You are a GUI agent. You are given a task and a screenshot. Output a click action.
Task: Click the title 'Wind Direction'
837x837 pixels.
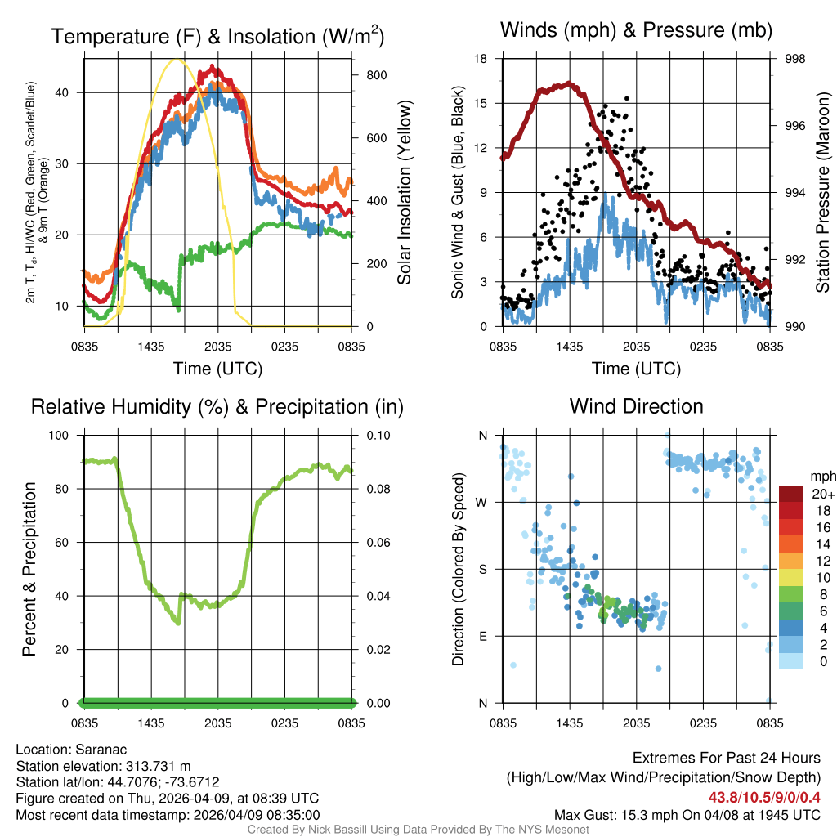coord(636,406)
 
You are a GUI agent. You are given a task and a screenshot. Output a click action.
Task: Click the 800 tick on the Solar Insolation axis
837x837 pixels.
coord(376,75)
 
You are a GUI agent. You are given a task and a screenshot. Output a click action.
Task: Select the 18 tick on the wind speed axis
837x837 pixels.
coord(481,59)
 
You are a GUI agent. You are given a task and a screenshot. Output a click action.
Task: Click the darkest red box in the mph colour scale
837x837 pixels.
coord(791,494)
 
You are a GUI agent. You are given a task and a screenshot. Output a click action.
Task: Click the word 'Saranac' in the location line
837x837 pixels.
coord(101,749)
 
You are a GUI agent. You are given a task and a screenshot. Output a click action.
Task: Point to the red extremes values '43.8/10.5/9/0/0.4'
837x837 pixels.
coord(765,797)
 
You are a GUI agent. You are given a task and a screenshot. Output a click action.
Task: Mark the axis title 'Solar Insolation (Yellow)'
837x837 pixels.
coord(405,192)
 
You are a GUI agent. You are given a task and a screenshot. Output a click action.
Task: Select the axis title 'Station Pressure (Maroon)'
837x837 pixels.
coord(823,192)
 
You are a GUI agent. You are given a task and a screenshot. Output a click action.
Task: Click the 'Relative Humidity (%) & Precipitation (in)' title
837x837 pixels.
coord(217,406)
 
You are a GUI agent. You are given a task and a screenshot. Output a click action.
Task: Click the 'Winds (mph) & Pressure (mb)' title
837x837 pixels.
coord(636,30)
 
